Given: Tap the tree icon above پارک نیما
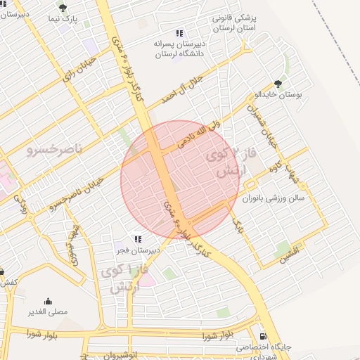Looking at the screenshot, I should coord(63,8).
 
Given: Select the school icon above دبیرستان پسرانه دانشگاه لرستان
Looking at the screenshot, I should coord(179,32).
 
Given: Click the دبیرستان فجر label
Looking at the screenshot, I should coord(139,250).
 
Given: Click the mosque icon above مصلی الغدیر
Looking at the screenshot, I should coord(48,301).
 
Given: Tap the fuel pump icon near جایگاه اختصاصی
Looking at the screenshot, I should coord(264,337).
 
